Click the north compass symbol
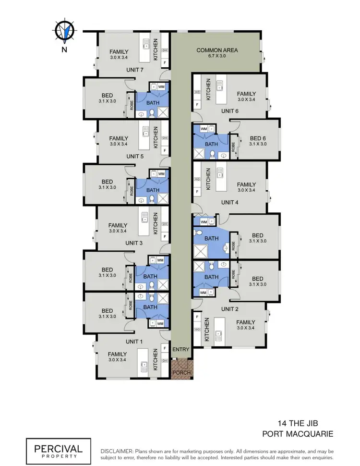pos(63,31)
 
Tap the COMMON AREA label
pos(217,50)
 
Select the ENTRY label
pos(181,349)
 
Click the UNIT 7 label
pos(135,70)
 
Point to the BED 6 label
pos(258,137)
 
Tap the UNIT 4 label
pos(230,202)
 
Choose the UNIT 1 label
pos(134,342)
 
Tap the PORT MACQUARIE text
pos(298,434)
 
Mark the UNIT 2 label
pos(230,309)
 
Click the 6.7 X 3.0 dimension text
pos(217,56)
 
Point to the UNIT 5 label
pos(135,157)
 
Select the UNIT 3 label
pos(134,243)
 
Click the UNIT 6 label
pos(230,111)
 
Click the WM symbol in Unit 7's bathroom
pos(161,86)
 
